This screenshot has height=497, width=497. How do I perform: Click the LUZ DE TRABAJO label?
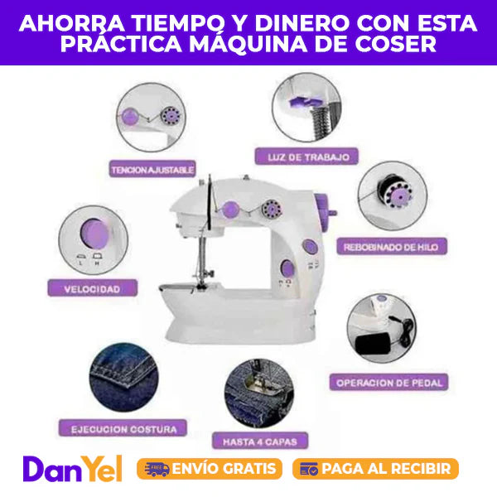[306, 157]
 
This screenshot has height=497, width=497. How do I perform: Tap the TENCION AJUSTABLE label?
[152, 169]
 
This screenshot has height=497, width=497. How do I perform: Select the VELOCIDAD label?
[92, 288]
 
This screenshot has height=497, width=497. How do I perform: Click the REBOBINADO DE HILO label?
[392, 247]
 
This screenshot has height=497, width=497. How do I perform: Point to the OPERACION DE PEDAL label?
[389, 382]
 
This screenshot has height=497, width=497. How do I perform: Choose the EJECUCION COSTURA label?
[123, 428]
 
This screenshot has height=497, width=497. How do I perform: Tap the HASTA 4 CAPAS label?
[260, 441]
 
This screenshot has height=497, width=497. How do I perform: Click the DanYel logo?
[72, 469]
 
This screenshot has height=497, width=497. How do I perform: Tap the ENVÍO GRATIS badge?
[210, 469]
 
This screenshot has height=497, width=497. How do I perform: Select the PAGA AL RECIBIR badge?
[375, 469]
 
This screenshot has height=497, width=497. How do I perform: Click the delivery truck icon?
[157, 469]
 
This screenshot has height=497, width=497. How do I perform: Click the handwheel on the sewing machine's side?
[325, 211]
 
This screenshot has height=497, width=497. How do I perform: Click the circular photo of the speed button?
[93, 240]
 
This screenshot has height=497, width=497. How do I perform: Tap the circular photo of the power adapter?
[382, 328]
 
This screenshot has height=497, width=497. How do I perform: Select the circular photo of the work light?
[306, 107]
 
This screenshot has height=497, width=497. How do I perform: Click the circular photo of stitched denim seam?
[123, 378]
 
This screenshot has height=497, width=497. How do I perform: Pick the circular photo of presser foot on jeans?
[259, 393]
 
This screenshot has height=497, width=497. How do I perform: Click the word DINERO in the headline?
[302, 23]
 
